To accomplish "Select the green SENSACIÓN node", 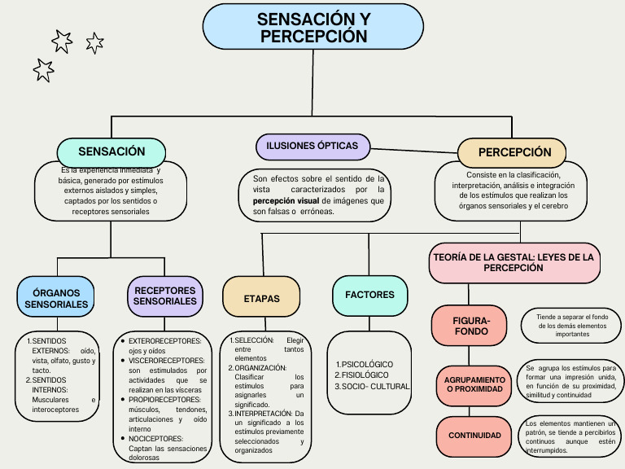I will (111, 151).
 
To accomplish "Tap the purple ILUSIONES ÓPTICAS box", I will (312, 146).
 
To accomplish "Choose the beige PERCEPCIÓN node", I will (514, 152).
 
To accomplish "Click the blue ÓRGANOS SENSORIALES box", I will (56, 298).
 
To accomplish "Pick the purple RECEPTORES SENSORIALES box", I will (164, 296).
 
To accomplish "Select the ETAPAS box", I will (261, 299).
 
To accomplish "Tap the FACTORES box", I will (369, 295).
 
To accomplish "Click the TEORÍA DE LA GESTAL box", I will (514, 262).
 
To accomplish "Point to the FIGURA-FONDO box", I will (470, 326).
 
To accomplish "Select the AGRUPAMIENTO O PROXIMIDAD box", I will (474, 385).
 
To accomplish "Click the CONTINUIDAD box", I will (474, 436).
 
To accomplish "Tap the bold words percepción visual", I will (286, 200).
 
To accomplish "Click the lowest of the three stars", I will (43, 70).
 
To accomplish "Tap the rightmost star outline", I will (94, 42).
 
